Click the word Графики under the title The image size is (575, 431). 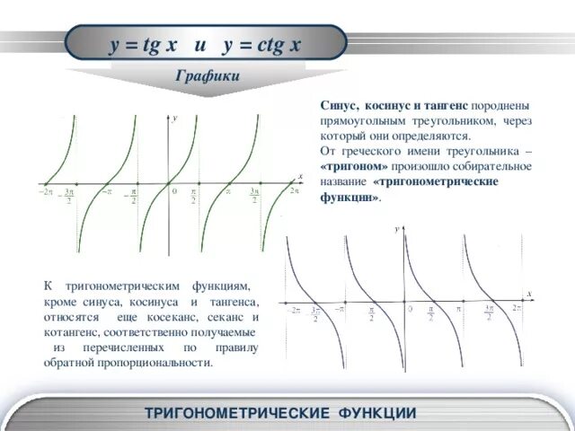[x=208, y=76]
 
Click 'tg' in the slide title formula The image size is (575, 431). [x=142, y=46]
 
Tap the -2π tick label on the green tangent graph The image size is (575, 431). [x=45, y=191]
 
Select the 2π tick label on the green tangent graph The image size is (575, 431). [x=293, y=190]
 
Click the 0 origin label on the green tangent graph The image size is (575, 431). [x=175, y=191]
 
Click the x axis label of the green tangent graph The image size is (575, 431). [x=300, y=175]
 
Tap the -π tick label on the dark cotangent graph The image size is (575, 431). [x=339, y=308]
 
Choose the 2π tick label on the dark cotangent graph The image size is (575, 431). [x=517, y=308]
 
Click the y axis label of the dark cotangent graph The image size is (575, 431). [x=396, y=230]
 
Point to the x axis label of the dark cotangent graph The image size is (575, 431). [x=529, y=293]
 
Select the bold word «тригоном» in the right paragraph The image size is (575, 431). [x=354, y=166]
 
